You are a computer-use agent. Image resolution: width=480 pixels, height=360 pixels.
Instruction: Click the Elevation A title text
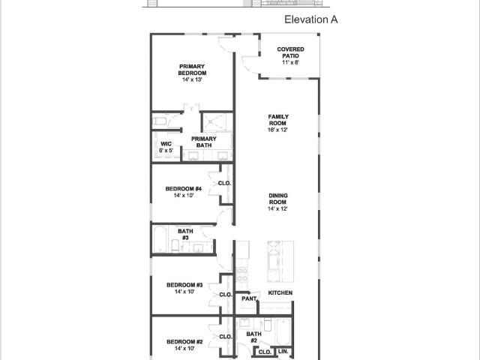coord(311,19)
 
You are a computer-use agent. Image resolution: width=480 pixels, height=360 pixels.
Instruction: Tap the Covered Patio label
coord(290,52)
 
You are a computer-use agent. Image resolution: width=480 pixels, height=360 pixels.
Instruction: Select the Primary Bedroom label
coord(192,70)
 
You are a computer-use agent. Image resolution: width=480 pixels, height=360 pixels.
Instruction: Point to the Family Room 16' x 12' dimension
coord(277,130)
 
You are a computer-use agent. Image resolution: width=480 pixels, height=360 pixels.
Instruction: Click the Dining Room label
coord(278,199)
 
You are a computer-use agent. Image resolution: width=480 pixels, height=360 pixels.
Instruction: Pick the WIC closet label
coord(166,144)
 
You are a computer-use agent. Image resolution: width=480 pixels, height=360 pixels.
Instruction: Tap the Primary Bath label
coord(204,142)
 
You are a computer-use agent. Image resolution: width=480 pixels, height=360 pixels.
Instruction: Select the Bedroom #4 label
coord(183,188)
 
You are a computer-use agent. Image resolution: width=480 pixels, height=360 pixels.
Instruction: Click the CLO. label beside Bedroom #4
coord(224,183)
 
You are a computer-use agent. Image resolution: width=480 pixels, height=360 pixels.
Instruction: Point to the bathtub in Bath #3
coord(160,239)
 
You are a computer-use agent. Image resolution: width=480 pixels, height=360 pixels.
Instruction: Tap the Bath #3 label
coord(185,234)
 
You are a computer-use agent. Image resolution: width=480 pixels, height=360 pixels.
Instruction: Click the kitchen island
coord(280,262)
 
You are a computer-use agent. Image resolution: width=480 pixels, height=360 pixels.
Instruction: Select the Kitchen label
coord(280,292)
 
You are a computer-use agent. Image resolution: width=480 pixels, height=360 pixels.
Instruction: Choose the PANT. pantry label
coord(250,298)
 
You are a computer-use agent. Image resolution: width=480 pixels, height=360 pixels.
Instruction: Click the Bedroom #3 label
coord(184,285)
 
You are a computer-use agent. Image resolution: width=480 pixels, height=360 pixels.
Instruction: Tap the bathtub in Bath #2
coord(283,331)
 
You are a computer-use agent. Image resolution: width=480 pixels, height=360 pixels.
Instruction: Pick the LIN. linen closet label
coord(283,352)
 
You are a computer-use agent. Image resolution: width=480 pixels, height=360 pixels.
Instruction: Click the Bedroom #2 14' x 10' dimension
coord(184,348)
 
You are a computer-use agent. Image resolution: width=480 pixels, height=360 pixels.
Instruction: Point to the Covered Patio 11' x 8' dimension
coord(290,62)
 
